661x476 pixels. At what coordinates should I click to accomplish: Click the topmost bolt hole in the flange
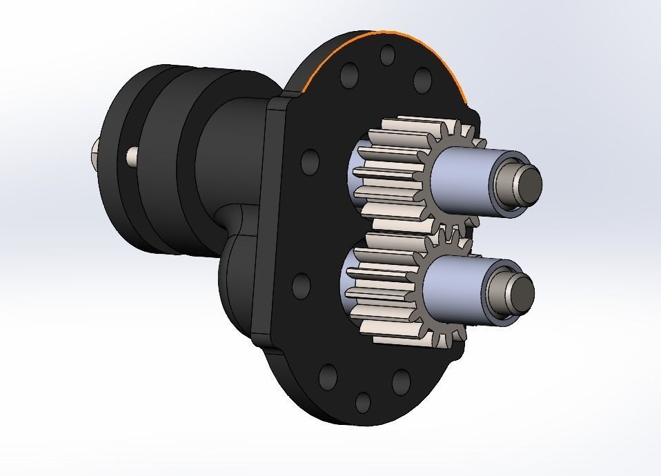(388, 54)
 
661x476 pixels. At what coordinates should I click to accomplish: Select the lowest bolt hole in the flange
(362, 403)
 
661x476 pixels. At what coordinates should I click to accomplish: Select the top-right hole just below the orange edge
(421, 81)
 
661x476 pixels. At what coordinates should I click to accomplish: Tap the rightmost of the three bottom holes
(401, 380)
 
